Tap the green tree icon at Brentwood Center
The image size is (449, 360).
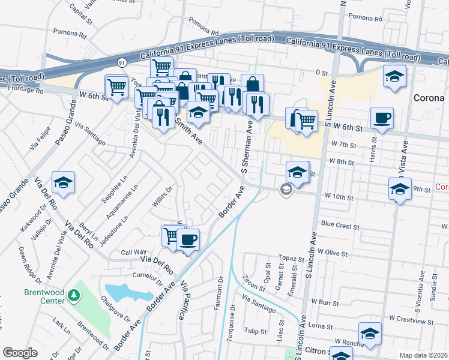[x=74, y=295]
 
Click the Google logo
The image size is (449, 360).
[x=20, y=352]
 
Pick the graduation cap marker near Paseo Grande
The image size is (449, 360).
[x=62, y=181]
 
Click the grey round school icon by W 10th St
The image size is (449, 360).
[x=286, y=190]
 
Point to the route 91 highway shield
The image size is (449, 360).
[x=122, y=62]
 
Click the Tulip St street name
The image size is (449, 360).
[x=255, y=331]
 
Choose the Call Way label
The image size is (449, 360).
[x=134, y=253]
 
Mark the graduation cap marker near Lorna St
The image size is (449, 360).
[x=370, y=334]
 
